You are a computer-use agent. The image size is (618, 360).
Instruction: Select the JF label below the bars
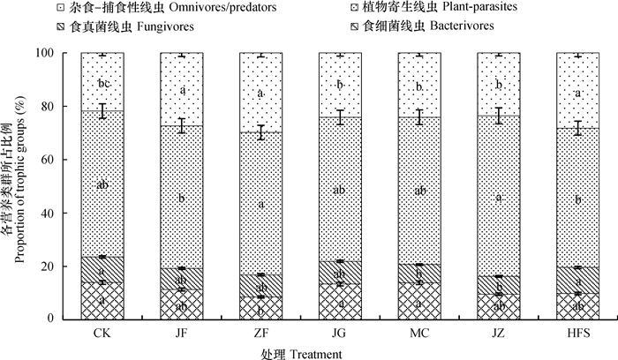click(181, 333)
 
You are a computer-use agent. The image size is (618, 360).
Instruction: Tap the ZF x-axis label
click(261, 333)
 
